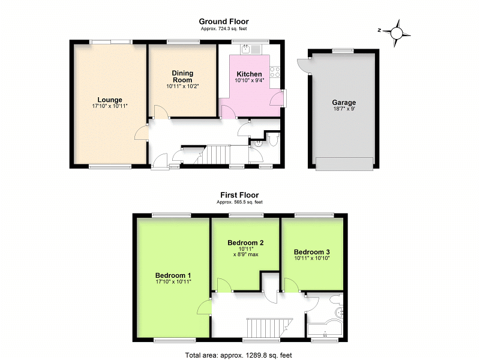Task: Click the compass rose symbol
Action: [397, 32]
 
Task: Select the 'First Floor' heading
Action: [239, 195]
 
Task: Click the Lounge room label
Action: [110, 100]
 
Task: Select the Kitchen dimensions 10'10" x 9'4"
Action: [248, 81]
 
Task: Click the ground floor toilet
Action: [272, 140]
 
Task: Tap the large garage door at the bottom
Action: [343, 163]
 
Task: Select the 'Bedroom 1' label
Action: [172, 275]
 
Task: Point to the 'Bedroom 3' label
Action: [311, 252]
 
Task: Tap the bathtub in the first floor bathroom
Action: [324, 326]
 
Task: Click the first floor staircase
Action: [266, 328]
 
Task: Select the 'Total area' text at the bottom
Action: [239, 355]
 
